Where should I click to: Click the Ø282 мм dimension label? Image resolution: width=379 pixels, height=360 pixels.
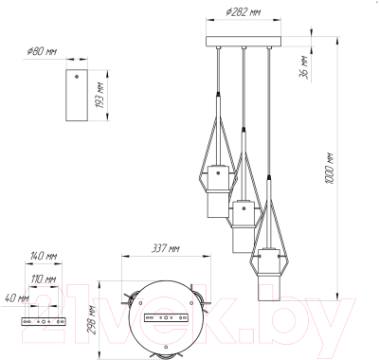(244, 12)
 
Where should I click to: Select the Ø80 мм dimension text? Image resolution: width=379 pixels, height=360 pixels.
(42, 51)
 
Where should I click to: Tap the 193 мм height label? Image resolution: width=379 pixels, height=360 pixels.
(100, 96)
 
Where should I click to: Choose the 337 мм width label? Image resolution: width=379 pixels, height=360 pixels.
(165, 249)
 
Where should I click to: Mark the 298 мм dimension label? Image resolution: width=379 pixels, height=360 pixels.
(91, 319)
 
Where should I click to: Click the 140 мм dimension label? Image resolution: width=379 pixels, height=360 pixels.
(44, 256)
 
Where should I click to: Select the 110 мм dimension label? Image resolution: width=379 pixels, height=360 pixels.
(44, 279)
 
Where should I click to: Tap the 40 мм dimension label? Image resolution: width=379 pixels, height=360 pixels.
(17, 298)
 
